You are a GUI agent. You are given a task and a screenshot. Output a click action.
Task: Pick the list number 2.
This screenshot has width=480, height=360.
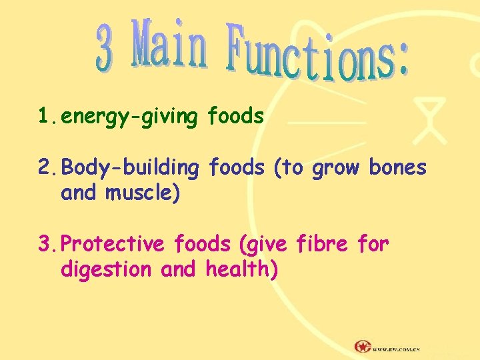[x=47, y=168]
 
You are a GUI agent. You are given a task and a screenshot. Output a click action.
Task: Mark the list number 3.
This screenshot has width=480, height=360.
[x=47, y=244]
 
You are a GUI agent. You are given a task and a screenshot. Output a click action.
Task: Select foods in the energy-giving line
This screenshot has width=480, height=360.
[x=235, y=117]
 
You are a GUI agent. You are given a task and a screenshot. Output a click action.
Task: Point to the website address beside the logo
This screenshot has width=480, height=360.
[x=396, y=348]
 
